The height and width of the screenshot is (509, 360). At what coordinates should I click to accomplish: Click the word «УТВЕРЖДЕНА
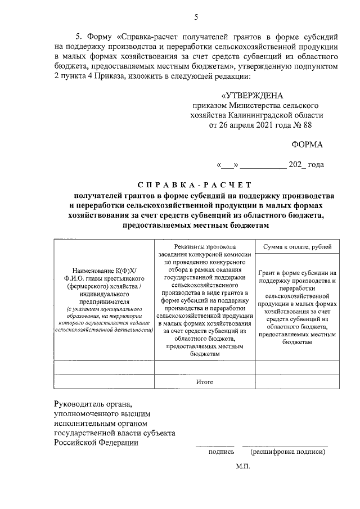click(x=253, y=95)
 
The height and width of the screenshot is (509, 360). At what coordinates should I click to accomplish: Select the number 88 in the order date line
click(x=322, y=125)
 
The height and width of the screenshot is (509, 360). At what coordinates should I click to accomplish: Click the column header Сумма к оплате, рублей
click(x=298, y=246)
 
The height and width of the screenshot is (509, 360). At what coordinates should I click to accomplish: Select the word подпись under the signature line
click(x=221, y=451)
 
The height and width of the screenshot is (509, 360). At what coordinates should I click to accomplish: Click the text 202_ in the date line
click(x=298, y=165)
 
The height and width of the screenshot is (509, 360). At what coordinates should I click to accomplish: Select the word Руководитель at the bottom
click(x=79, y=404)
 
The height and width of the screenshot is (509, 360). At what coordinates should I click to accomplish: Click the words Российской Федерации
click(x=96, y=442)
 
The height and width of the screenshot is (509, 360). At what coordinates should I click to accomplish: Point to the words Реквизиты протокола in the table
click(x=205, y=246)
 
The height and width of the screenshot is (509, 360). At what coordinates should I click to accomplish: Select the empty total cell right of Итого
click(x=298, y=382)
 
